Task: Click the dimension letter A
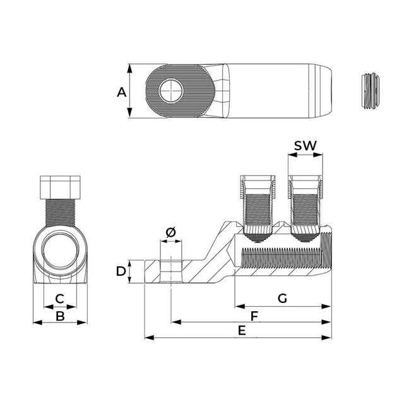pyautogui.click(x=122, y=92)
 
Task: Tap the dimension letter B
pyautogui.click(x=61, y=316)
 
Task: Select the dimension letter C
pyautogui.click(x=60, y=299)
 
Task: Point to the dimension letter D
pyautogui.click(x=121, y=271)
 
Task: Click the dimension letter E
pyautogui.click(x=242, y=331)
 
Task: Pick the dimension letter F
pyautogui.click(x=254, y=316)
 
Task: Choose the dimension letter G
pyautogui.click(x=282, y=299)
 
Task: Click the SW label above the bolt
pyautogui.click(x=306, y=146)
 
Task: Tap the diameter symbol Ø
pyautogui.click(x=171, y=232)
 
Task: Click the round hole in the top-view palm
pyautogui.click(x=171, y=91)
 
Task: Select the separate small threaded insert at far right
pyautogui.click(x=371, y=91)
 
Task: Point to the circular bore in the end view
pyautogui.click(x=61, y=251)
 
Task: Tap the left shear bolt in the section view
pyautogui.click(x=258, y=209)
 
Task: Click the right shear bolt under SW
pyautogui.click(x=306, y=209)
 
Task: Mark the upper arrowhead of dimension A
pyautogui.click(x=129, y=69)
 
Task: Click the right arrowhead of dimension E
pyautogui.click(x=326, y=338)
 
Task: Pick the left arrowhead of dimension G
pyautogui.click(x=240, y=306)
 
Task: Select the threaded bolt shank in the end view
pyautogui.click(x=61, y=213)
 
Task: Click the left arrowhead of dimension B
pyautogui.click(x=38, y=323)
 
